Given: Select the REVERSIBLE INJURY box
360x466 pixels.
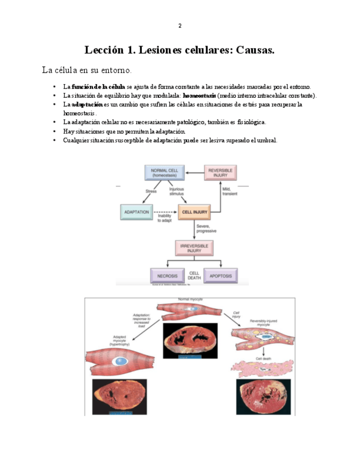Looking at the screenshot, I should point(220,173).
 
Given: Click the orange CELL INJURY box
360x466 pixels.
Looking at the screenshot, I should point(195,212).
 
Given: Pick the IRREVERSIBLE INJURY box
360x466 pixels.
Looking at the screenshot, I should point(195,248).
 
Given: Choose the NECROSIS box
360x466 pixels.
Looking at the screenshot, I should point(167,275).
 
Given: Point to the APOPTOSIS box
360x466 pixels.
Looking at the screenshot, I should point(220,275).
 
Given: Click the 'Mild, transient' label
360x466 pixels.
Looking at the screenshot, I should point(230,191).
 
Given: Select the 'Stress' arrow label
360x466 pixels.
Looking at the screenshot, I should point(151,191).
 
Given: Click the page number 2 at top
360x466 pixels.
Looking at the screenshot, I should point(180,26).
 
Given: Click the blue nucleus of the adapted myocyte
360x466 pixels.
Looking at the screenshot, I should point(120,362).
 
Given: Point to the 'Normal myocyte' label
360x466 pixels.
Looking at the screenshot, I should point(190,299).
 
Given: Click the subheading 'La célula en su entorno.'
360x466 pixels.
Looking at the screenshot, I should point(87,70).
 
